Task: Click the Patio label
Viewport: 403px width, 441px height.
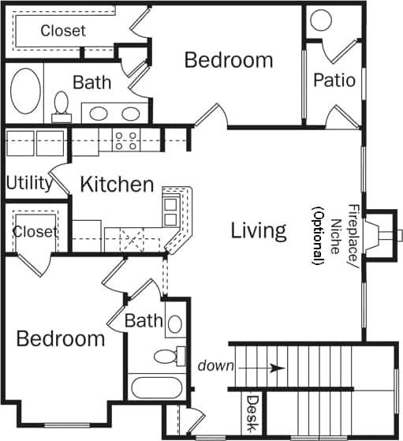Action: tap(334, 80)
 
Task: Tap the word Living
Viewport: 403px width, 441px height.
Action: tap(258, 230)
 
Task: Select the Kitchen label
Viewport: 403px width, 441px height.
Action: tap(118, 185)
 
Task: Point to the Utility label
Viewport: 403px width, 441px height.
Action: tap(29, 183)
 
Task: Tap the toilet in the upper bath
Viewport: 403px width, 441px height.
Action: tap(62, 105)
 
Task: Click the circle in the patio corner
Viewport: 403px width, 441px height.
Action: tap(321, 21)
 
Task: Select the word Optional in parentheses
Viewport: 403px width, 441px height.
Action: tap(317, 235)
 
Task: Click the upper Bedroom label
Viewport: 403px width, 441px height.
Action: tap(228, 60)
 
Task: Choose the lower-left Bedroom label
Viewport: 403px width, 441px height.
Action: tap(61, 339)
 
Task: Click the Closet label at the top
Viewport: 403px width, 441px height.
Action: tap(63, 31)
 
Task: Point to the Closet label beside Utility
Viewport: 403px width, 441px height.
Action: tap(35, 232)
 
